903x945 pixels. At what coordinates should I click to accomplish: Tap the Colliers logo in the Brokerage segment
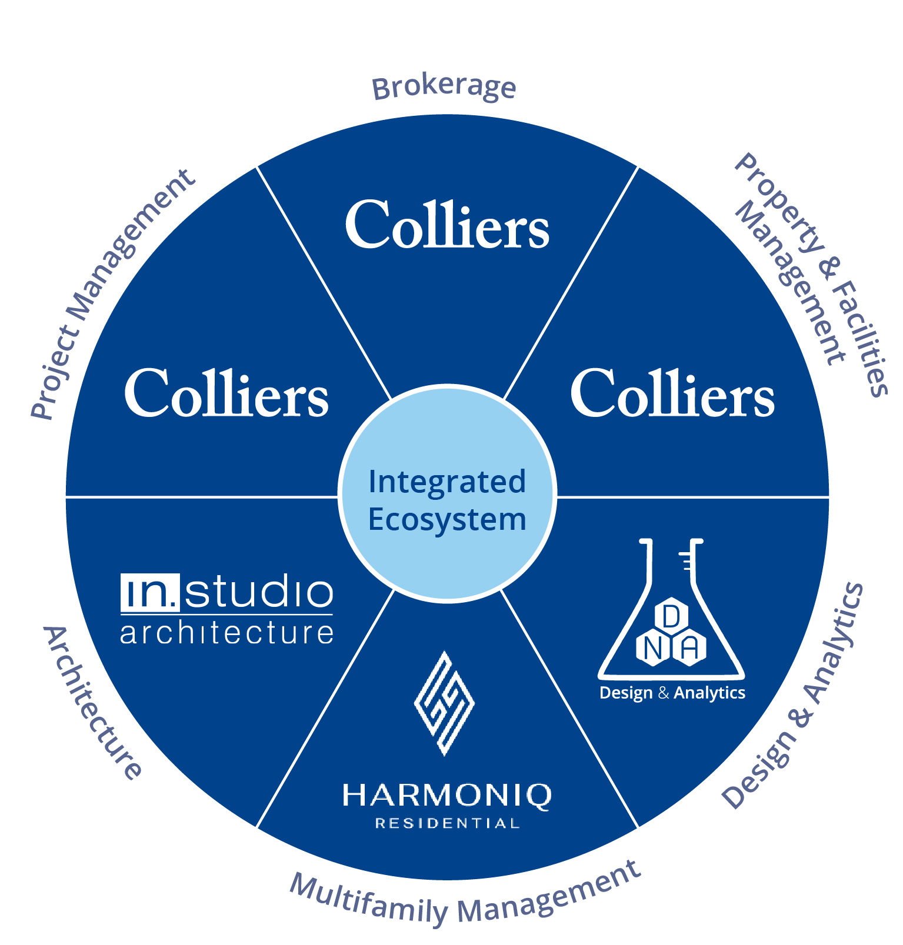pyautogui.click(x=447, y=225)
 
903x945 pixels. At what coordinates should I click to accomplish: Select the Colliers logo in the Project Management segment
pyautogui.click(x=226, y=393)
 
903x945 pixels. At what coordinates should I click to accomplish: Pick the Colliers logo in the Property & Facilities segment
pyautogui.click(x=672, y=393)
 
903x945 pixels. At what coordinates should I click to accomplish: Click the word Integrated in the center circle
pyautogui.click(x=447, y=482)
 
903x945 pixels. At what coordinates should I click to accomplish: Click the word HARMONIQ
pyautogui.click(x=447, y=795)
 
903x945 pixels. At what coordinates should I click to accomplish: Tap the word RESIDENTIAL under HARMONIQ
pyautogui.click(x=447, y=823)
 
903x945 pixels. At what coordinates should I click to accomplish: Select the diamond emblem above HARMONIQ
pyautogui.click(x=445, y=703)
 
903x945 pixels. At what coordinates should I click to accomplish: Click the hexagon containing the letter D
pyautogui.click(x=671, y=616)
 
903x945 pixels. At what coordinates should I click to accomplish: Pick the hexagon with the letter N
pyautogui.click(x=652, y=649)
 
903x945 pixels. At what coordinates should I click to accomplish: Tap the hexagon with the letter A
pyautogui.click(x=689, y=649)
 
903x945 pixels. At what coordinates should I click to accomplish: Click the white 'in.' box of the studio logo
pyautogui.click(x=149, y=593)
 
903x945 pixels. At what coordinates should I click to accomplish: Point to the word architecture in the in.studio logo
pyautogui.click(x=226, y=633)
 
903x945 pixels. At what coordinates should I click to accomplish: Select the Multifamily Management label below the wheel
pyautogui.click(x=465, y=897)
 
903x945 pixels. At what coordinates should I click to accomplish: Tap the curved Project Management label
pyautogui.click(x=112, y=294)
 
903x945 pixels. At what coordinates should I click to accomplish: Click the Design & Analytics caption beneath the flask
pyautogui.click(x=672, y=693)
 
